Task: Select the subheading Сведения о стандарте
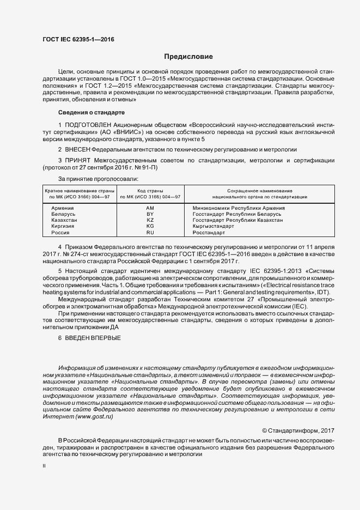91,112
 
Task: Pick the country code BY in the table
150,214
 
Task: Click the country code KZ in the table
150,220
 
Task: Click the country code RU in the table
150,233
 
